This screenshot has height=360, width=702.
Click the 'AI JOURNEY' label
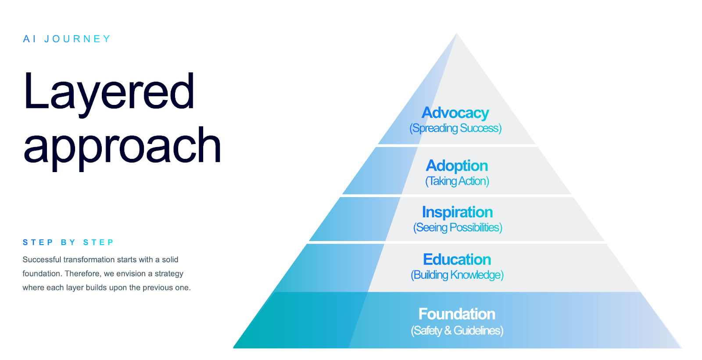67,39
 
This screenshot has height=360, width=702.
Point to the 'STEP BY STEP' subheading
68,242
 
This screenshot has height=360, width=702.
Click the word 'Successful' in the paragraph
42,259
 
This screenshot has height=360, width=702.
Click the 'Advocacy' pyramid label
455,113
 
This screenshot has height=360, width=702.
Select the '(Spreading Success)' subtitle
455,128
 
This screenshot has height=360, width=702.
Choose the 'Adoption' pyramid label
457,166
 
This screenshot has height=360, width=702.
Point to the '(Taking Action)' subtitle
457,181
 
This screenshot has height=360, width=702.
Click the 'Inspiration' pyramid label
457,212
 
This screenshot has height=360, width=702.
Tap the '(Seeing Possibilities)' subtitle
458,228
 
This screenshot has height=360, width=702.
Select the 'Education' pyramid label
457,259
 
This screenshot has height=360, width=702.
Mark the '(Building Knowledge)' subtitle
457,275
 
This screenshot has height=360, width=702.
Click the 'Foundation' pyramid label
457,314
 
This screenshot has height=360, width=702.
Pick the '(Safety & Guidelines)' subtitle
457,331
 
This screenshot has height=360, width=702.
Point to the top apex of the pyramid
457,33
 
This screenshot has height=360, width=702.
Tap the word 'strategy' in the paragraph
169,274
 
